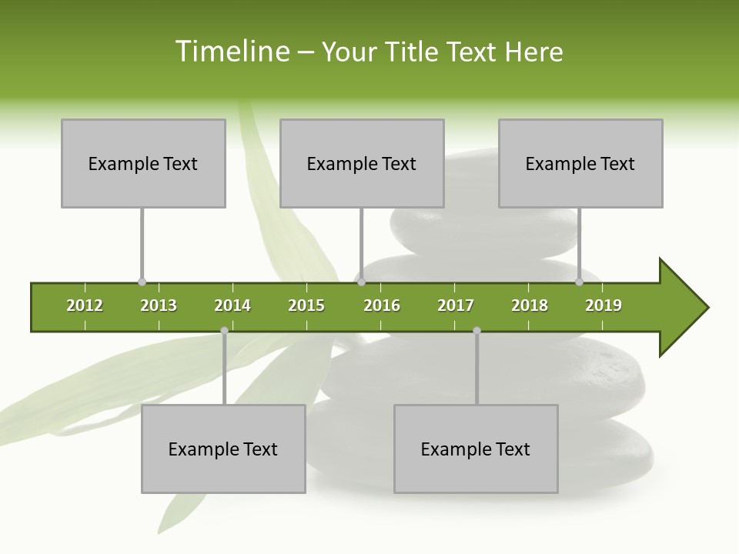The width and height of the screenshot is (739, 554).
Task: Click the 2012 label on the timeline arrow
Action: coord(85,305)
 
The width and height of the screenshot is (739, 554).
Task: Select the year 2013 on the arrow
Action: coord(159,305)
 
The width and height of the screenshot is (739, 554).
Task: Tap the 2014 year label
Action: coord(232,305)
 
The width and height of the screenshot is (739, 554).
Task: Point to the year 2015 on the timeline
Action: coord(306,305)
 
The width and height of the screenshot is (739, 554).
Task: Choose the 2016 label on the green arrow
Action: coord(382,305)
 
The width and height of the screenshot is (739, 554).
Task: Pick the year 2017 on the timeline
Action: coord(456,305)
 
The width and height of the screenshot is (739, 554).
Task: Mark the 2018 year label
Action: coord(530,305)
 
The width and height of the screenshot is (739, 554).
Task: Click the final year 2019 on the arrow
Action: coord(604,305)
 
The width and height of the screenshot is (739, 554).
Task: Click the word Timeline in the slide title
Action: coord(232,52)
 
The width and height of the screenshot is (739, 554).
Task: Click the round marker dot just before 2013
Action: coord(142,282)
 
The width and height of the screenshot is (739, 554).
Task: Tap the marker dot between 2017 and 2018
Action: coord(477,331)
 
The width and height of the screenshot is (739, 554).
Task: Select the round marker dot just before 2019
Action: coord(579,282)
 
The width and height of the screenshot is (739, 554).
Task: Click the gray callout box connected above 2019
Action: coord(580,163)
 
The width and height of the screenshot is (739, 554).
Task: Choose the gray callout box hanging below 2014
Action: coord(223,449)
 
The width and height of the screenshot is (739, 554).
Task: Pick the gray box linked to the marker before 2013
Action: coord(143,163)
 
